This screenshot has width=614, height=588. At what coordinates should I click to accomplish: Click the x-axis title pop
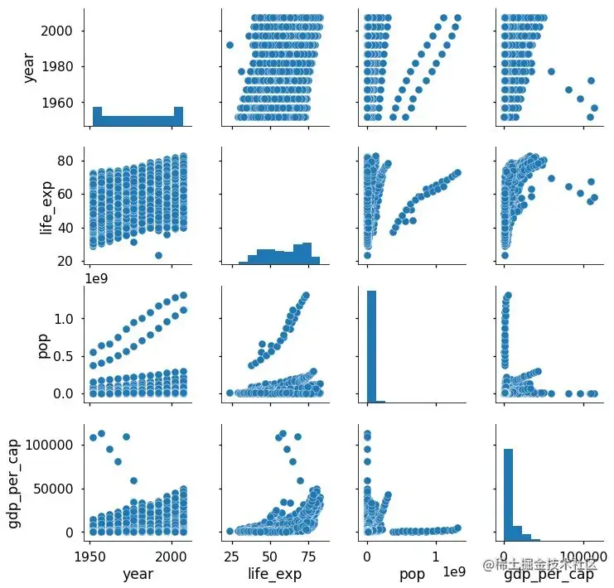[x=412, y=573]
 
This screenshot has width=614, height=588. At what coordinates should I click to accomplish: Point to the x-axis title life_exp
[x=275, y=573]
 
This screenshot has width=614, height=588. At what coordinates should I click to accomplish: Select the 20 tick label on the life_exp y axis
[x=66, y=262]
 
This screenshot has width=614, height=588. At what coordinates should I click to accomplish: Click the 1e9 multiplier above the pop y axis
[x=98, y=278]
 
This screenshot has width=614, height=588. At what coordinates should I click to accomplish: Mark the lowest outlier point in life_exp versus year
[x=158, y=255]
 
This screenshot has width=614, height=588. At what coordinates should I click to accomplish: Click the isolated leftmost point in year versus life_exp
[x=230, y=45]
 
